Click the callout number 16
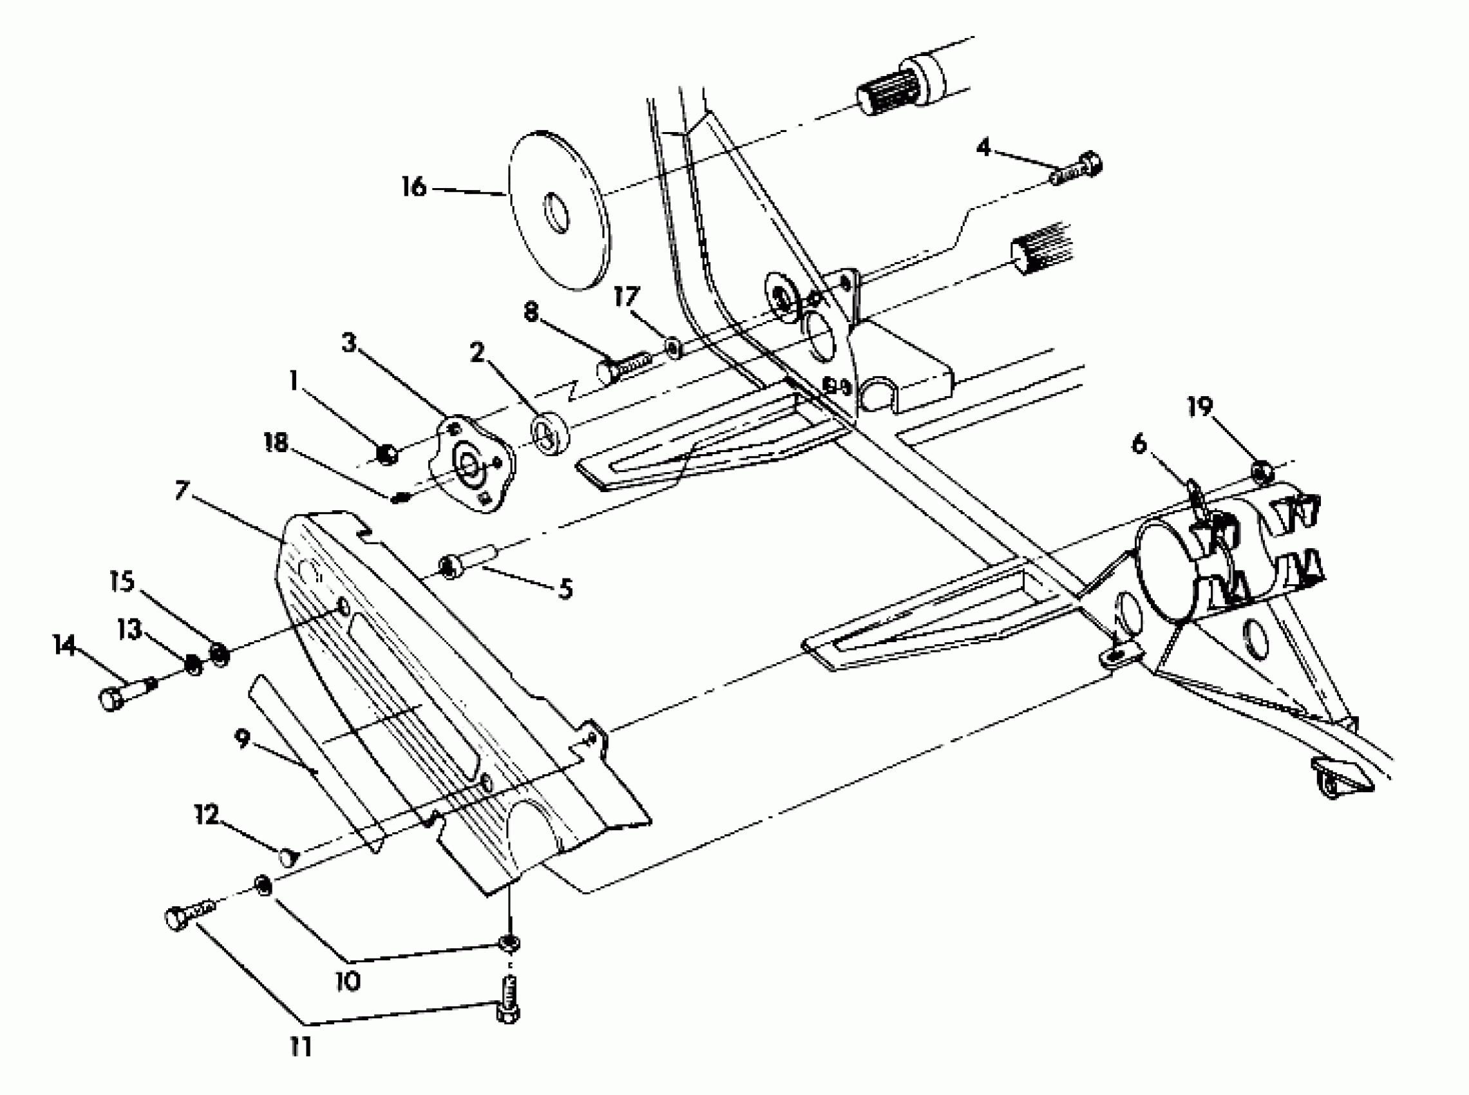pyautogui.click(x=414, y=187)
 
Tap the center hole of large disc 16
pyautogui.click(x=557, y=213)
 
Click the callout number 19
pyautogui.click(x=1199, y=407)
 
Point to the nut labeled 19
pyautogui.click(x=1260, y=471)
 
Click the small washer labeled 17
pyautogui.click(x=674, y=347)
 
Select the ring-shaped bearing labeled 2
pyautogui.click(x=549, y=433)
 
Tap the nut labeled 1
pyautogui.click(x=386, y=454)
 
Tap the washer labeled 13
pyautogui.click(x=193, y=663)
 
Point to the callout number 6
pyautogui.click(x=1139, y=444)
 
